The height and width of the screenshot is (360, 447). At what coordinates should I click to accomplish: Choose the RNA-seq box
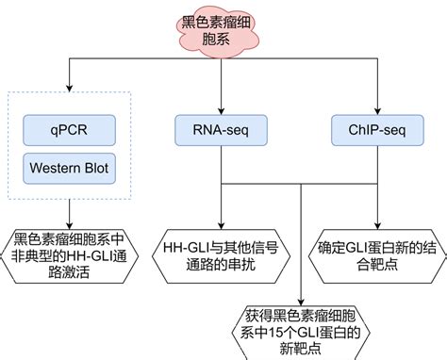pyautogui.click(x=220, y=130)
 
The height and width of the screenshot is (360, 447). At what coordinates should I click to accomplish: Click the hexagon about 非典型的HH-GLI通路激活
pyautogui.click(x=71, y=250)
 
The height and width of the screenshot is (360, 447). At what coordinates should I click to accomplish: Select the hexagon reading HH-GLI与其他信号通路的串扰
pyautogui.click(x=220, y=250)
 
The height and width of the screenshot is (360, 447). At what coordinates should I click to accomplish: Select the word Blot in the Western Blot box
pyautogui.click(x=94, y=170)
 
